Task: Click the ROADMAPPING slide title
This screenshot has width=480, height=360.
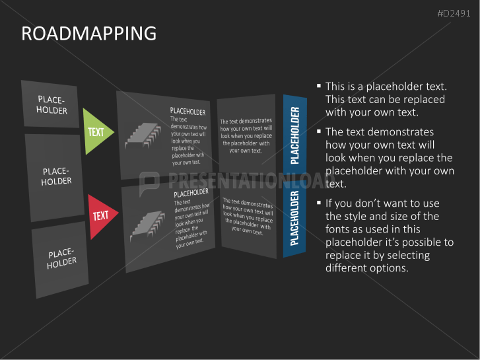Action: [x=88, y=33]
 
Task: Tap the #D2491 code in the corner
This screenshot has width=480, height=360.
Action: [x=454, y=13]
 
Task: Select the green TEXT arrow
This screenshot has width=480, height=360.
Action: [x=97, y=131]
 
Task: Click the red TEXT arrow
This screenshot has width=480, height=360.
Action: [x=102, y=216]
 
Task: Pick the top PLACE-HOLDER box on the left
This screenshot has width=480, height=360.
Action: [x=51, y=104]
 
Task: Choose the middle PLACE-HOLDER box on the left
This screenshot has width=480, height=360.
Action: [x=55, y=177]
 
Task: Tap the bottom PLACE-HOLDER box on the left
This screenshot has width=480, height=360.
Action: [x=61, y=259]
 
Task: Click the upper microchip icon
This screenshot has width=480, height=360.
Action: [x=143, y=135]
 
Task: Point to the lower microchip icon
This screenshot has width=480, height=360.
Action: [x=147, y=225]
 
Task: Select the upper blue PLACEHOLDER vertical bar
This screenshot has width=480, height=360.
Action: [x=294, y=135]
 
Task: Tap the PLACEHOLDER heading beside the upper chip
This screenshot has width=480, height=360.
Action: [x=188, y=112]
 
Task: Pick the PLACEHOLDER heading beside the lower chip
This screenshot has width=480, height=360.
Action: [x=191, y=193]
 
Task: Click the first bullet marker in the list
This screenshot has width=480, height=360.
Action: [x=319, y=86]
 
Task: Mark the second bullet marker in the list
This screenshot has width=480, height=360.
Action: [x=319, y=131]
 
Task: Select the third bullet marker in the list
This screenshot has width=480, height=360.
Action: [x=319, y=203]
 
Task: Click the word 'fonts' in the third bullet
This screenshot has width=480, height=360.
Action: [x=338, y=229]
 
